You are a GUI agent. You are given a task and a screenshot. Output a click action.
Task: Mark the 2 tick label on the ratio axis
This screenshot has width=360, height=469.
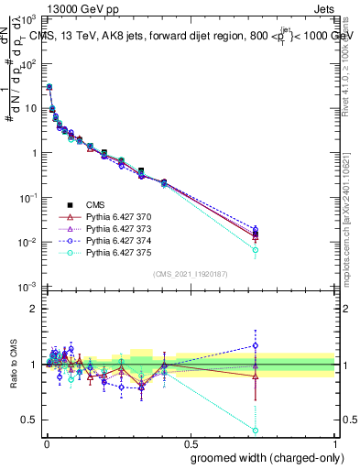32,309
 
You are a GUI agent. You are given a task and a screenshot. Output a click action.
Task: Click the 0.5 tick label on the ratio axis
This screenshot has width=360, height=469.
28,420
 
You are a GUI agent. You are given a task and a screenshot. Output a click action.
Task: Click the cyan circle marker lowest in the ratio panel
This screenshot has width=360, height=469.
256,430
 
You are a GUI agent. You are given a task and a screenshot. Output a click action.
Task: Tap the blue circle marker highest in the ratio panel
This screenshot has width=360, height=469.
256,346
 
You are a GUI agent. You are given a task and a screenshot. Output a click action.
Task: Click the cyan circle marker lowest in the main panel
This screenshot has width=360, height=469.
256,250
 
